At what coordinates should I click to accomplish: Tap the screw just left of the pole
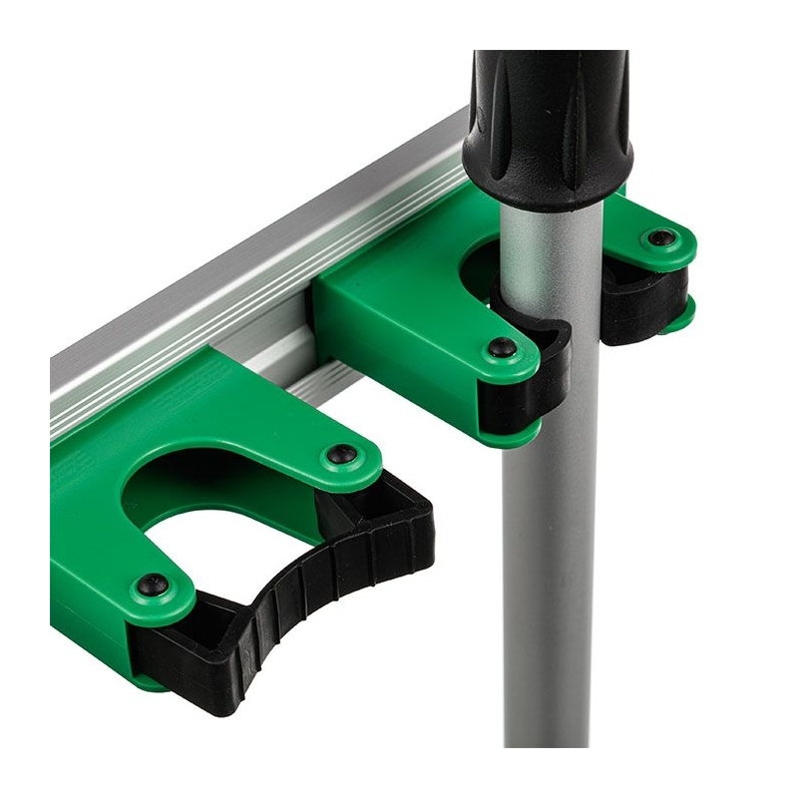pyautogui.click(x=502, y=348)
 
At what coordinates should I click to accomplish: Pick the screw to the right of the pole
pyautogui.click(x=661, y=238)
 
